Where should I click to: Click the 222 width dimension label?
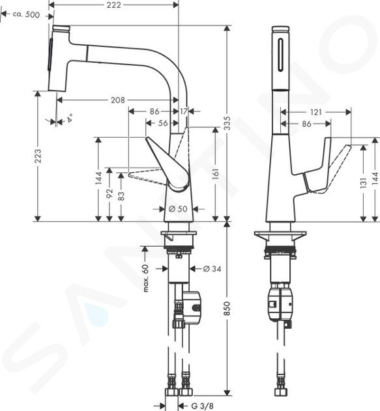[x=113, y=5]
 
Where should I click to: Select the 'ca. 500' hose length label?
[x=26, y=14]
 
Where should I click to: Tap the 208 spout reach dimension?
[x=118, y=100]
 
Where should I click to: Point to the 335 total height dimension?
[x=227, y=123]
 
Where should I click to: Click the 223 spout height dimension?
[x=38, y=156]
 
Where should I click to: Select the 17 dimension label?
[x=184, y=112]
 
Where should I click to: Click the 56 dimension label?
[x=163, y=123]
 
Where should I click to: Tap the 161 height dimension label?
[x=215, y=174]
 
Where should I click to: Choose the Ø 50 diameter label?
[x=178, y=209]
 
